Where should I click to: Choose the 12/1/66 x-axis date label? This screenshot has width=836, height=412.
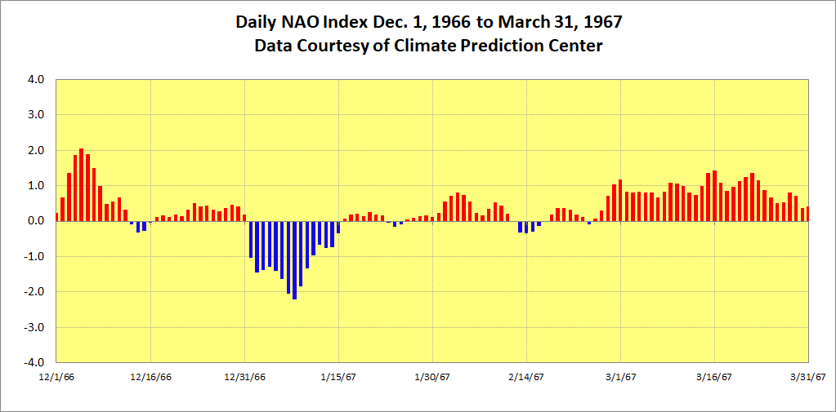pos(56,377)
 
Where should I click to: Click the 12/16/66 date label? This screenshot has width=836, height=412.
pos(150,377)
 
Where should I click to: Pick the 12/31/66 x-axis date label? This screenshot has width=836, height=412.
pos(244,377)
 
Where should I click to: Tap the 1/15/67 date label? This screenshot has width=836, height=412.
pos(338,377)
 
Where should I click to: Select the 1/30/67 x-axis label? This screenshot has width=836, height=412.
pos(432,377)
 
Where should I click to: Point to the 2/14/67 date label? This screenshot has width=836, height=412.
pos(526,377)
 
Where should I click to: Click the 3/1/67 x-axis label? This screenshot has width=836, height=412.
pos(620,377)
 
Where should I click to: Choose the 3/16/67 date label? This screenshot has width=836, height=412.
pos(714,377)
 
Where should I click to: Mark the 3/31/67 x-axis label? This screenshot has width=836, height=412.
pos(808,377)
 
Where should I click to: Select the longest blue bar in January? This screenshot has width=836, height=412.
pos(294,260)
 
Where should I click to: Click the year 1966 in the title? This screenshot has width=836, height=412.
pos(449,20)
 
